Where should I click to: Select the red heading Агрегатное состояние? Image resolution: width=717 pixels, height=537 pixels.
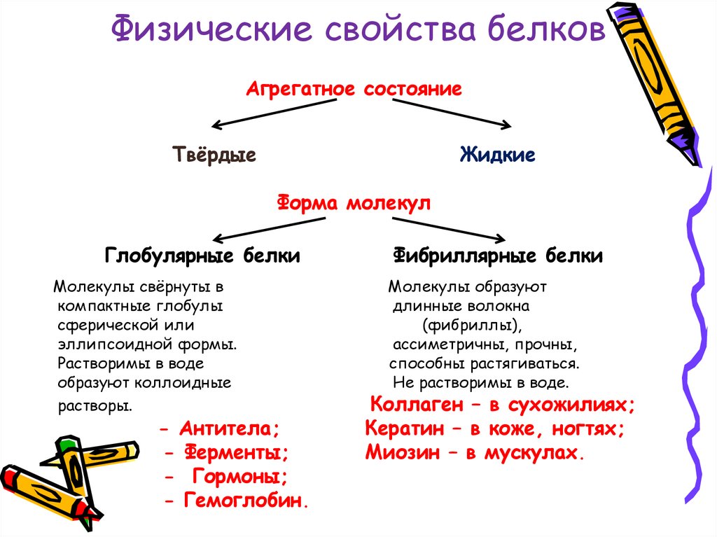[354, 90]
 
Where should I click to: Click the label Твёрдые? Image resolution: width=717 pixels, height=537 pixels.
[214, 155]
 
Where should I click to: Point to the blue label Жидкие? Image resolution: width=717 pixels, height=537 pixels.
[498, 155]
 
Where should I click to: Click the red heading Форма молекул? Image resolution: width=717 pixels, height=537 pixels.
[354, 204]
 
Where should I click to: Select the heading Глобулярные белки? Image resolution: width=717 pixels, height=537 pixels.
[202, 256]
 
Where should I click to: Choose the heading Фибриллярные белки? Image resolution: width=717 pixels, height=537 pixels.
[498, 256]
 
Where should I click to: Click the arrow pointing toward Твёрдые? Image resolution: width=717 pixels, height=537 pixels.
[273, 113]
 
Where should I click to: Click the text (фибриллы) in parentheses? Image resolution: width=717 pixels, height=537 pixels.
[473, 326]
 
